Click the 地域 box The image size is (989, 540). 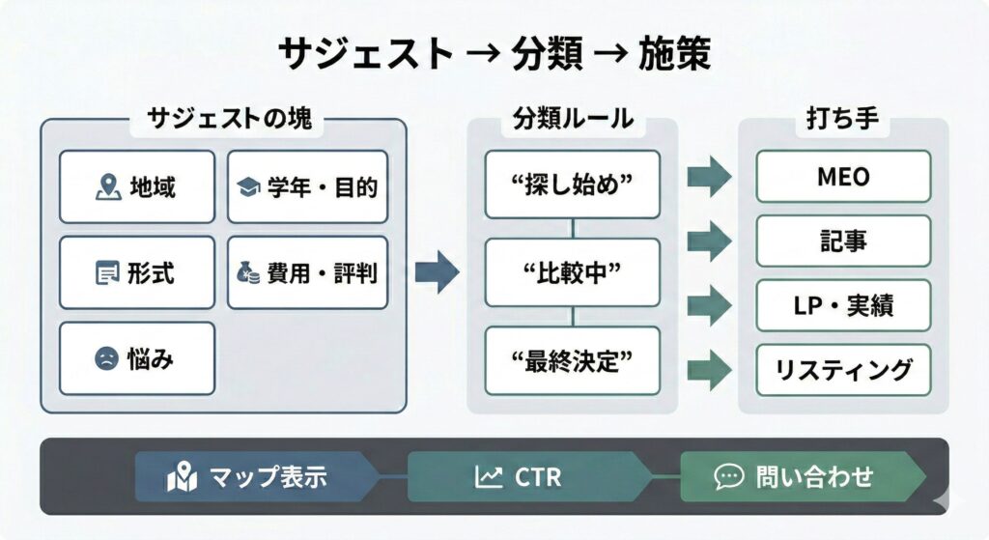[x=137, y=186]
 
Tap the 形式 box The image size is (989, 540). [x=137, y=272]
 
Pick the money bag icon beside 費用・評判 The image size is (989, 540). [x=247, y=272]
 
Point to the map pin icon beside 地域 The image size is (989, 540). [x=108, y=186]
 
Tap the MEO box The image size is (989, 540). [x=843, y=176]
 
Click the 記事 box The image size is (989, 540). [x=843, y=241]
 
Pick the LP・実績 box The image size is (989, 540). [x=843, y=305]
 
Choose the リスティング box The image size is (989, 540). [x=843, y=369]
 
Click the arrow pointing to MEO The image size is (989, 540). [x=710, y=177]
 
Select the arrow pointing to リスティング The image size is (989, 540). [x=710, y=368]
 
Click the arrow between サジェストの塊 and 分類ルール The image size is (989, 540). [x=437, y=271]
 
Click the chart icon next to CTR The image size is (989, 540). [x=489, y=476]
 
